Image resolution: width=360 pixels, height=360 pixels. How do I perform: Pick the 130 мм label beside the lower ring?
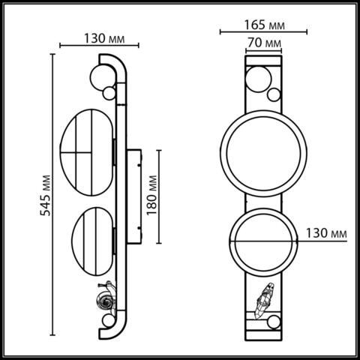pos(328,234)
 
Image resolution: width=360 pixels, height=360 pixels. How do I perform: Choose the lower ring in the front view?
pos(262,241)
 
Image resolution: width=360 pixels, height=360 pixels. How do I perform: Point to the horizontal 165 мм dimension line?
pos(262,32)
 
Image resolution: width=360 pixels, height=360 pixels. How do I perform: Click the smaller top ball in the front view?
pos(274,95)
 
